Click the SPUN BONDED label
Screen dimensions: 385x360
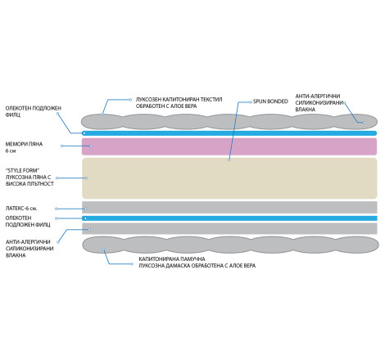(x=270, y=101)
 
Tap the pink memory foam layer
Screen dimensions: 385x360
(x=229, y=146)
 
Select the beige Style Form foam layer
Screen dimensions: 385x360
(x=229, y=178)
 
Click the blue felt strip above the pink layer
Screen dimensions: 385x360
(x=229, y=133)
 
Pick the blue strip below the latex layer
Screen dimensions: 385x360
(x=229, y=218)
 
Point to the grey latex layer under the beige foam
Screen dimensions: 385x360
(x=229, y=207)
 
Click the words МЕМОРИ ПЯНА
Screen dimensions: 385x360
(x=24, y=144)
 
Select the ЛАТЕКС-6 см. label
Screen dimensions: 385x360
(x=21, y=209)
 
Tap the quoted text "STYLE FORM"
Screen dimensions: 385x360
(x=22, y=170)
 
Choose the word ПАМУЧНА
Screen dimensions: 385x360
(x=192, y=259)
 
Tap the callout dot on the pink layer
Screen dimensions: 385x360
(x=91, y=146)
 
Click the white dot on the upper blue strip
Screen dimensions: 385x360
(x=84, y=133)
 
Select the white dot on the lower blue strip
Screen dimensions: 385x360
(x=85, y=218)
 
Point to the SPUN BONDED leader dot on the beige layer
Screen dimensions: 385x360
(x=229, y=160)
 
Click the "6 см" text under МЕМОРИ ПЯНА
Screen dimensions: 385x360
(x=11, y=151)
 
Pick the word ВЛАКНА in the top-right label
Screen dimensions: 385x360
(x=306, y=110)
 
